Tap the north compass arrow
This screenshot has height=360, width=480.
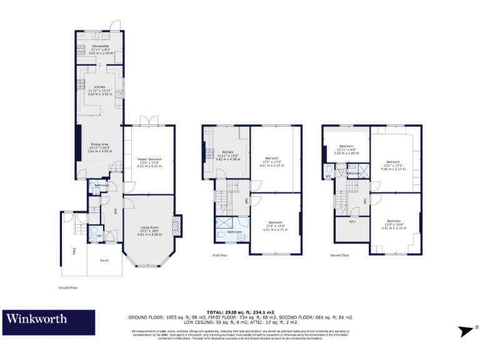pos(467,332)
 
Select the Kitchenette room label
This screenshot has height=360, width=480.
pos(100,46)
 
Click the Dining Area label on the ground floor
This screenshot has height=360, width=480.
pos(100,144)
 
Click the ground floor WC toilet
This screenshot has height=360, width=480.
pos(92,231)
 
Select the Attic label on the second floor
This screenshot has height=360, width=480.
pos(352,222)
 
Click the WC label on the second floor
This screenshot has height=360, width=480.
pos(327,176)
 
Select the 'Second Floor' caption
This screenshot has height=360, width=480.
pos(339,256)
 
